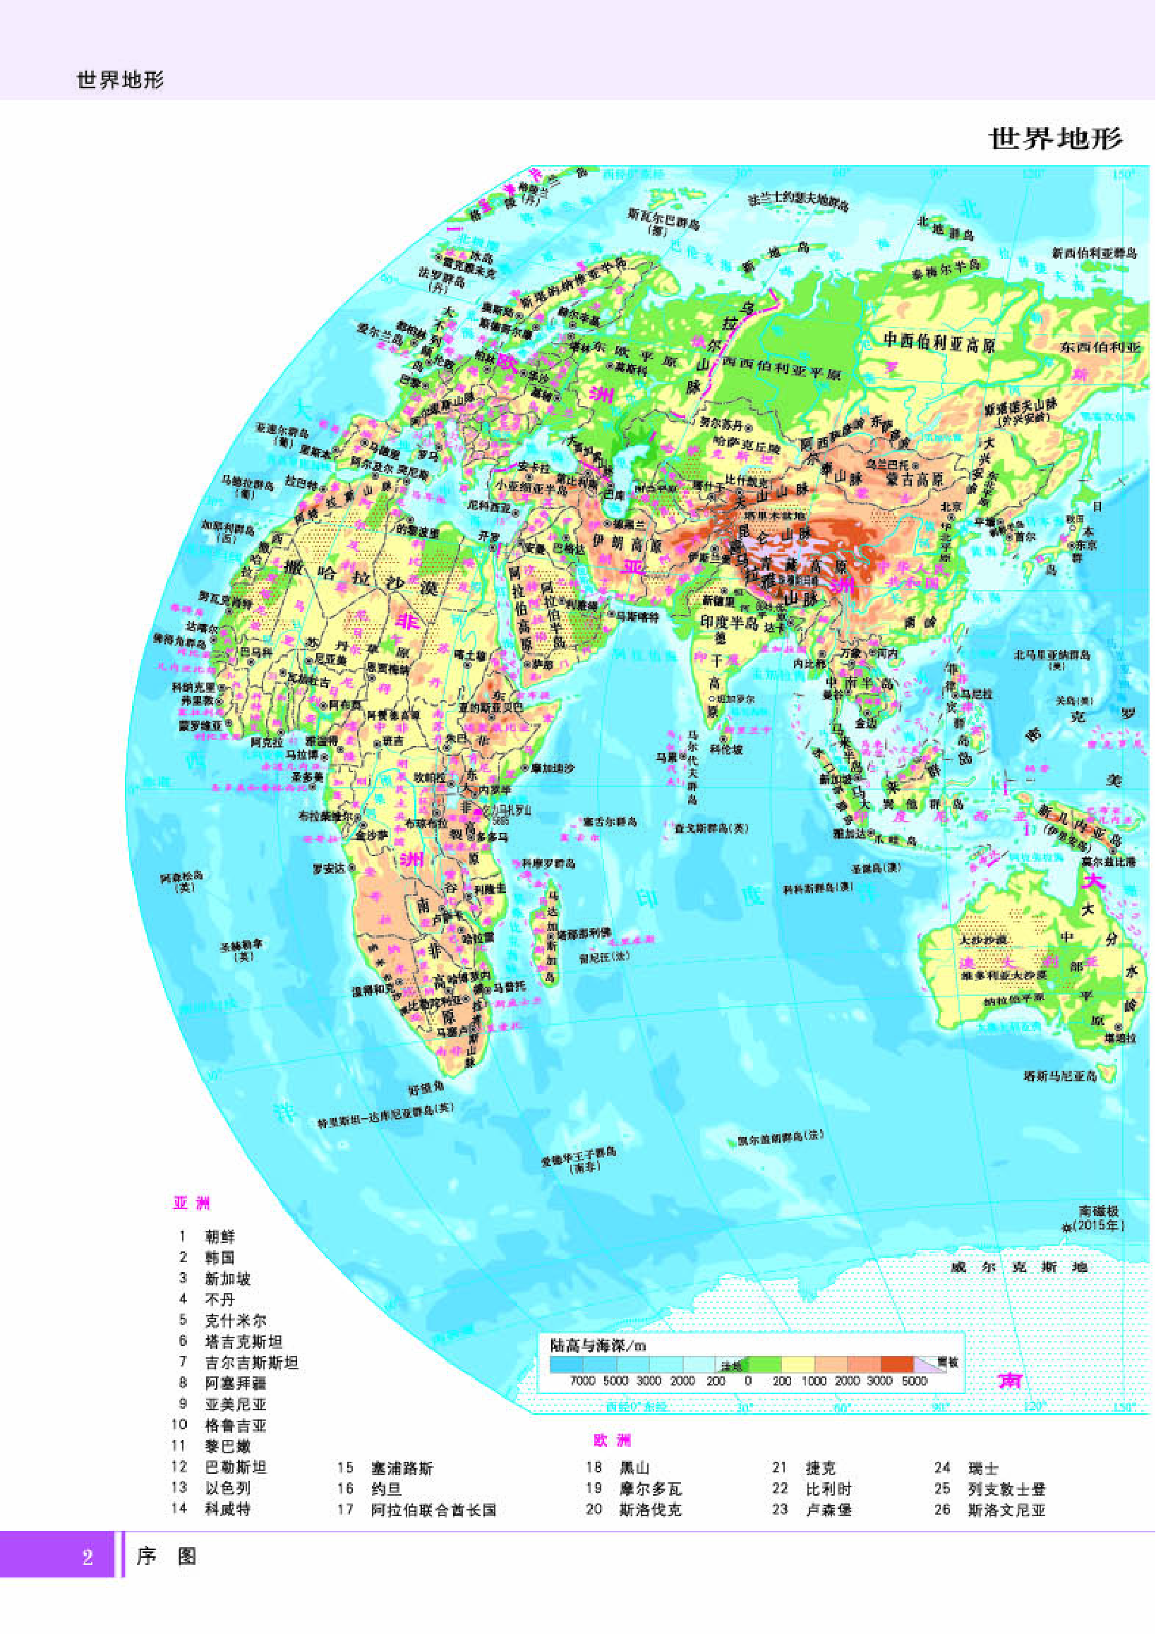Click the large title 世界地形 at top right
(x=1056, y=139)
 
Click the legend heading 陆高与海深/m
(x=598, y=1345)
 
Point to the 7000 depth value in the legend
(x=582, y=1381)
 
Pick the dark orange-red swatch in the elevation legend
(x=897, y=1364)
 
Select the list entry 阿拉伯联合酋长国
(x=433, y=1510)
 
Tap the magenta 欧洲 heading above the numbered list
(x=612, y=1441)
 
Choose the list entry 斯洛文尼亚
(x=1006, y=1510)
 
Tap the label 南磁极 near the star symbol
(x=1099, y=1211)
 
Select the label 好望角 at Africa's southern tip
(x=426, y=1088)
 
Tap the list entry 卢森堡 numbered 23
(x=829, y=1510)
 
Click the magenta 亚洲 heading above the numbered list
(x=191, y=1203)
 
